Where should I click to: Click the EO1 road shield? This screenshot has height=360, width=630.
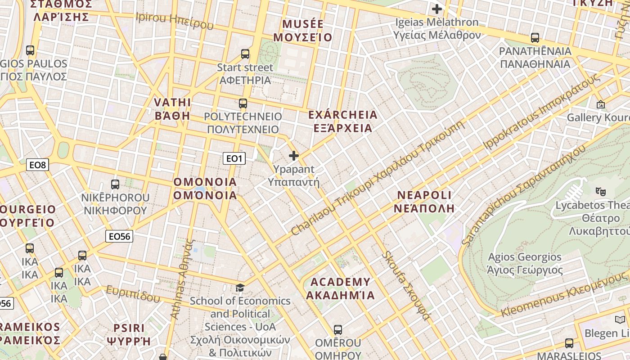point(234,158)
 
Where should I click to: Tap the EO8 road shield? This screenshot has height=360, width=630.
point(37,165)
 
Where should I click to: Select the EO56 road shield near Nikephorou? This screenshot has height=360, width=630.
point(119,236)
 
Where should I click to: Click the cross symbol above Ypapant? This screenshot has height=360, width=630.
point(294,156)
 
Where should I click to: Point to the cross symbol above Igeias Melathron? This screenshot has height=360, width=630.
point(436,9)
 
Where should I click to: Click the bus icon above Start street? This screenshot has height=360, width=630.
point(245,54)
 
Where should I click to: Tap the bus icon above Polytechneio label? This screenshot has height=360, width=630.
point(243,103)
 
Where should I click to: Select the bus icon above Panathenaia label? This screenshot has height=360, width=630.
point(535,38)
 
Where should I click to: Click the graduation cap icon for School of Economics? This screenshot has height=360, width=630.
point(240,288)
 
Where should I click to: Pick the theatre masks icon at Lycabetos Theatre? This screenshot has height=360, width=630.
point(600,191)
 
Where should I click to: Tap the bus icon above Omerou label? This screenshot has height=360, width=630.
point(338,330)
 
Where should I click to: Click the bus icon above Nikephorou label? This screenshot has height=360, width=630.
point(115,184)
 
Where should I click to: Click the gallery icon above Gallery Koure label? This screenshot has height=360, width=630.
point(600,104)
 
